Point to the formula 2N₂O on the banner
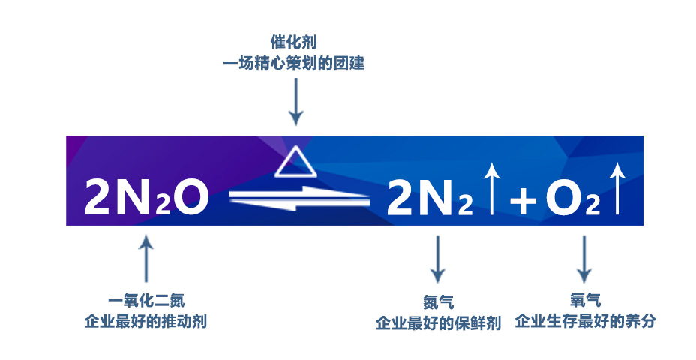pos(145,196)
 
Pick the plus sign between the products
pos(523,201)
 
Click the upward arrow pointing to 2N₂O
pos(146,259)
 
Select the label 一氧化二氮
pos(146,301)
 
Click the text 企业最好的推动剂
pos(146,322)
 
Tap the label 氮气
pos(437,304)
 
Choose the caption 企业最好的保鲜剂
pos(437,324)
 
